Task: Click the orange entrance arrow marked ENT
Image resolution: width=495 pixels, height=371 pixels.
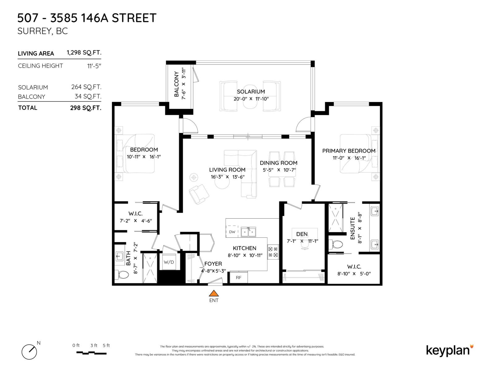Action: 213,293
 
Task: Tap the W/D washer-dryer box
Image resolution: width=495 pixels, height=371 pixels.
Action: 169,262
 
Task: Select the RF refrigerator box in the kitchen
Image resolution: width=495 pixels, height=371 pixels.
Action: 239,277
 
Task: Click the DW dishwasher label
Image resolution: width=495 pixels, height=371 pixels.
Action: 232,232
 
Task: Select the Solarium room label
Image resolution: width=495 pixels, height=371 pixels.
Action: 251,92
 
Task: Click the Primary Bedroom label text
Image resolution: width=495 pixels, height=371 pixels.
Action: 349,151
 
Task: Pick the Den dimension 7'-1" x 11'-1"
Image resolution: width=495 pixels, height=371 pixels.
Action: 302,241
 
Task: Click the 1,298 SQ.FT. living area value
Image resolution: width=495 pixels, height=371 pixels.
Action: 84,53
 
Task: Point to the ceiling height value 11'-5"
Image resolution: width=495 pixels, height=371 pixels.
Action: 94,66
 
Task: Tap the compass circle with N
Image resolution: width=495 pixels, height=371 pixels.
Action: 29,352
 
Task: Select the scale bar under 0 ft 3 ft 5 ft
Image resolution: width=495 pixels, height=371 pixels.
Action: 91,353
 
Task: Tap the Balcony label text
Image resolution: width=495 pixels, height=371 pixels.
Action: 177,84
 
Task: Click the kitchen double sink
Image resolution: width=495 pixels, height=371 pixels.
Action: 248,232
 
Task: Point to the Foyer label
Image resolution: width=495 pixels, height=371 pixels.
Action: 213,263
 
